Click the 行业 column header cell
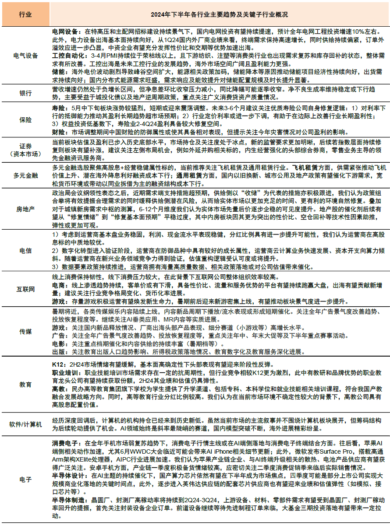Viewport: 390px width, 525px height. click(x=25, y=14)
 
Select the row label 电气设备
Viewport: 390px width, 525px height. click(x=25, y=56)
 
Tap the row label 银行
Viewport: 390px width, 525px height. click(x=25, y=93)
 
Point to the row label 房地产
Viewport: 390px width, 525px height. click(x=25, y=209)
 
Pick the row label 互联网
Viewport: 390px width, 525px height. click(x=25, y=289)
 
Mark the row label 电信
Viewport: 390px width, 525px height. click(x=25, y=251)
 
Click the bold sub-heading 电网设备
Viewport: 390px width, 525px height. click(x=64, y=32)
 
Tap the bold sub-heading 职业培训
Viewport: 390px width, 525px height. click(x=64, y=372)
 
